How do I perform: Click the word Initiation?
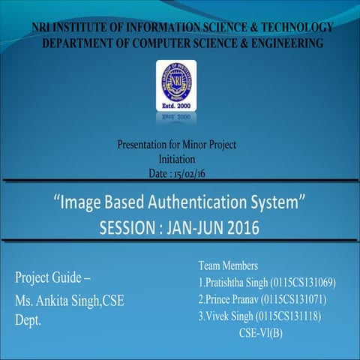(177, 159)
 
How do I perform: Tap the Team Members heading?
(229, 265)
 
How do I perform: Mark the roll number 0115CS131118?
(288, 316)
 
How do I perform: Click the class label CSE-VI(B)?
(262, 332)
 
